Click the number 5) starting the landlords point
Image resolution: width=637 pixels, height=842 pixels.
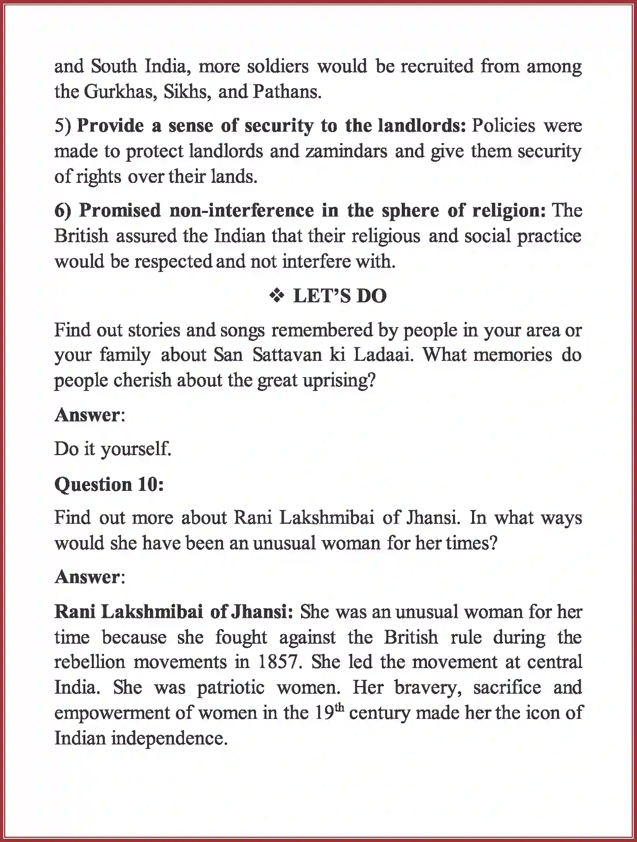63,126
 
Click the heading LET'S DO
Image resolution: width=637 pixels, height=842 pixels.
340,296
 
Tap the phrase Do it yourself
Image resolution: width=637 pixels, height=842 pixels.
113,449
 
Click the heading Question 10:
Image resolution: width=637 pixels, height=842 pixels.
109,484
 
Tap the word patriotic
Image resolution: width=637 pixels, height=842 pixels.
231,687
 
